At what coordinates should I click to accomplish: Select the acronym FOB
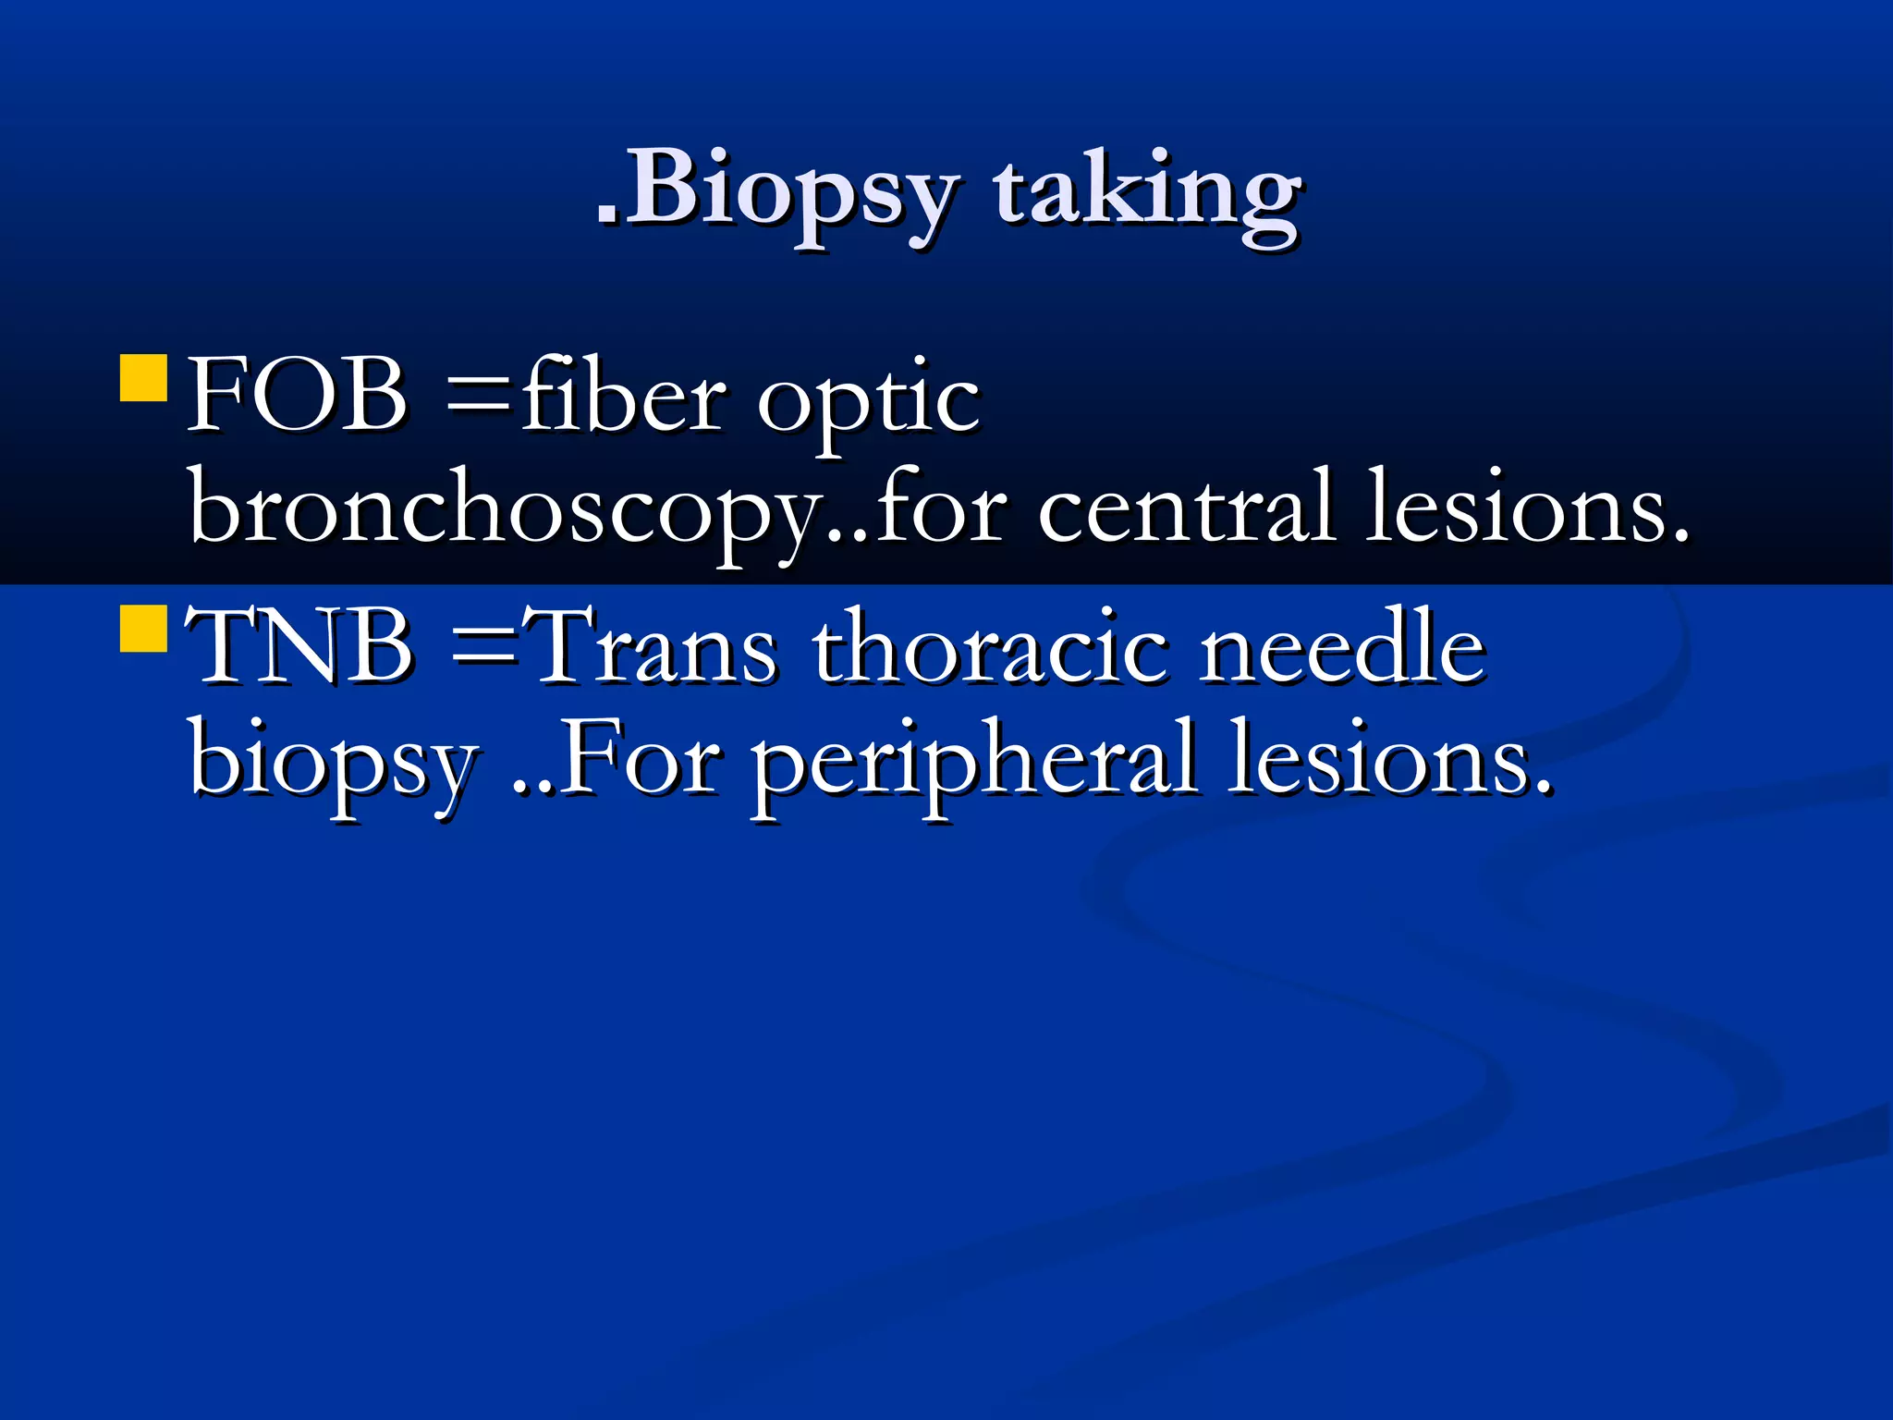click(297, 396)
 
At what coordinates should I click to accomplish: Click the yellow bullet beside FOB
click(143, 378)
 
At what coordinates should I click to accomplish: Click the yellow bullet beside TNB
click(143, 629)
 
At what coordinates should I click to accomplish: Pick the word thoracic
click(990, 646)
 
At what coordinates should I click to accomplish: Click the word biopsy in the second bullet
click(334, 763)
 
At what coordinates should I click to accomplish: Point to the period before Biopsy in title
click(606, 218)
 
